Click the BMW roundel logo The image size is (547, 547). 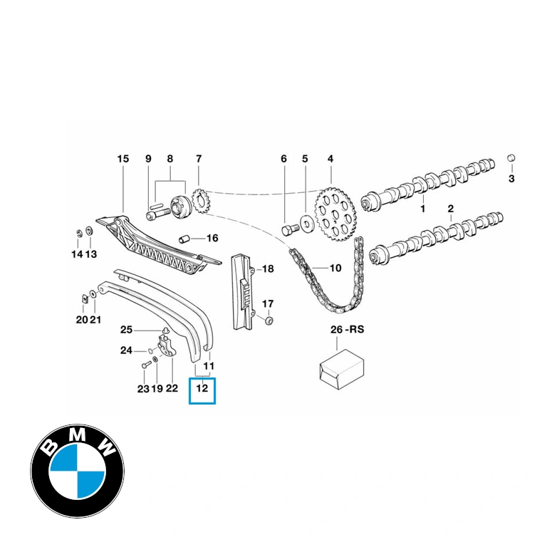click(78, 471)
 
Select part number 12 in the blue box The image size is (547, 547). click(202, 388)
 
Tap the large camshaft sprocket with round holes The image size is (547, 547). click(335, 214)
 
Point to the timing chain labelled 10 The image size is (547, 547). click(326, 276)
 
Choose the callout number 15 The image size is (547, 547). click(123, 159)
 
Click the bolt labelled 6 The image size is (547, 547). click(291, 230)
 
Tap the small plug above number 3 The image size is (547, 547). click(511, 157)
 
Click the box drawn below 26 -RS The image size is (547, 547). click(342, 369)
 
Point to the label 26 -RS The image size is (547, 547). click(347, 329)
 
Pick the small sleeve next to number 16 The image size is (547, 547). click(184, 239)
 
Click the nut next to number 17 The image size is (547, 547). click(269, 321)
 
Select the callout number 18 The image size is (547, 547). click(268, 269)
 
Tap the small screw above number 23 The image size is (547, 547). click(146, 365)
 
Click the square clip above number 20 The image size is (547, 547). click(84, 298)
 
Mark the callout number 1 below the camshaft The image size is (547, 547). click(423, 209)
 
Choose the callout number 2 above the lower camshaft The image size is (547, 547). click(451, 209)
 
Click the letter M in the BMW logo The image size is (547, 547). click(79, 435)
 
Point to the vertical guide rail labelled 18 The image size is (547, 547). click(242, 291)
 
